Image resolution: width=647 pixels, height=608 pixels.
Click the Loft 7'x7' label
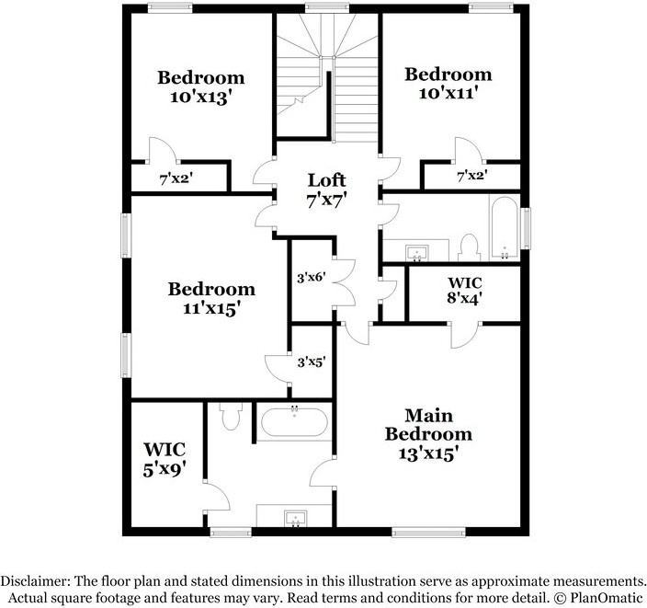(326, 188)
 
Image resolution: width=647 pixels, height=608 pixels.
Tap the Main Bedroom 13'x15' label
(428, 434)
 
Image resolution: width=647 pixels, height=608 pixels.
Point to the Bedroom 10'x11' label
(448, 83)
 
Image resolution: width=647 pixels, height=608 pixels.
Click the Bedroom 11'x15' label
(211, 299)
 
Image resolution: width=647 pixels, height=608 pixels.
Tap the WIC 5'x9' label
(165, 459)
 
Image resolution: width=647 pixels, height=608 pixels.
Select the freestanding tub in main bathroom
(293, 423)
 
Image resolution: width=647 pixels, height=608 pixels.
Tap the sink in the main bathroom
(295, 520)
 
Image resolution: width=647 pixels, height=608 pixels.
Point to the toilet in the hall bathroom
(470, 247)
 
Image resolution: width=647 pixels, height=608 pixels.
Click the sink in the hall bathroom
(418, 251)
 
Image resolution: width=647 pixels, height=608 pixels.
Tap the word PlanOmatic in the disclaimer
(601, 598)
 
